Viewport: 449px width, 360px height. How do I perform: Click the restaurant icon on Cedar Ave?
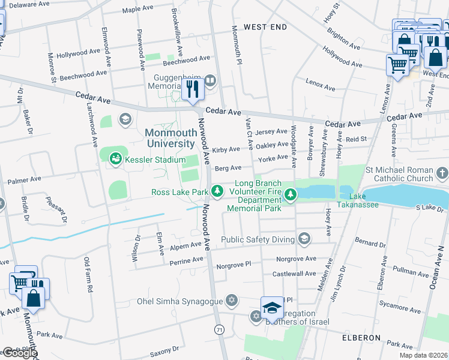(x=192, y=89)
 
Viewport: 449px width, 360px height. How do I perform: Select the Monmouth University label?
(x=170, y=138)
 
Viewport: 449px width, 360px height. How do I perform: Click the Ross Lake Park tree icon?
(x=217, y=192)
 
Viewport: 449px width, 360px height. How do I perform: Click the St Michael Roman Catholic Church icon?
(x=442, y=174)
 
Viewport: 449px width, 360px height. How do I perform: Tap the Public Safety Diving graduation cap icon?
(x=304, y=239)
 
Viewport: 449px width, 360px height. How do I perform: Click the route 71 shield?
(x=220, y=330)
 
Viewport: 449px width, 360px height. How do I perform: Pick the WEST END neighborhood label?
(x=265, y=28)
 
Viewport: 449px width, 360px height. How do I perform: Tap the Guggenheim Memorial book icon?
(x=210, y=80)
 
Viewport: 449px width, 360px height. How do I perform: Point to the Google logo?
(x=19, y=353)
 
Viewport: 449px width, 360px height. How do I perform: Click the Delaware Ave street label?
(x=29, y=4)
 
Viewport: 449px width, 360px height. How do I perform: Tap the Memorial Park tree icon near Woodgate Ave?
(x=291, y=194)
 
